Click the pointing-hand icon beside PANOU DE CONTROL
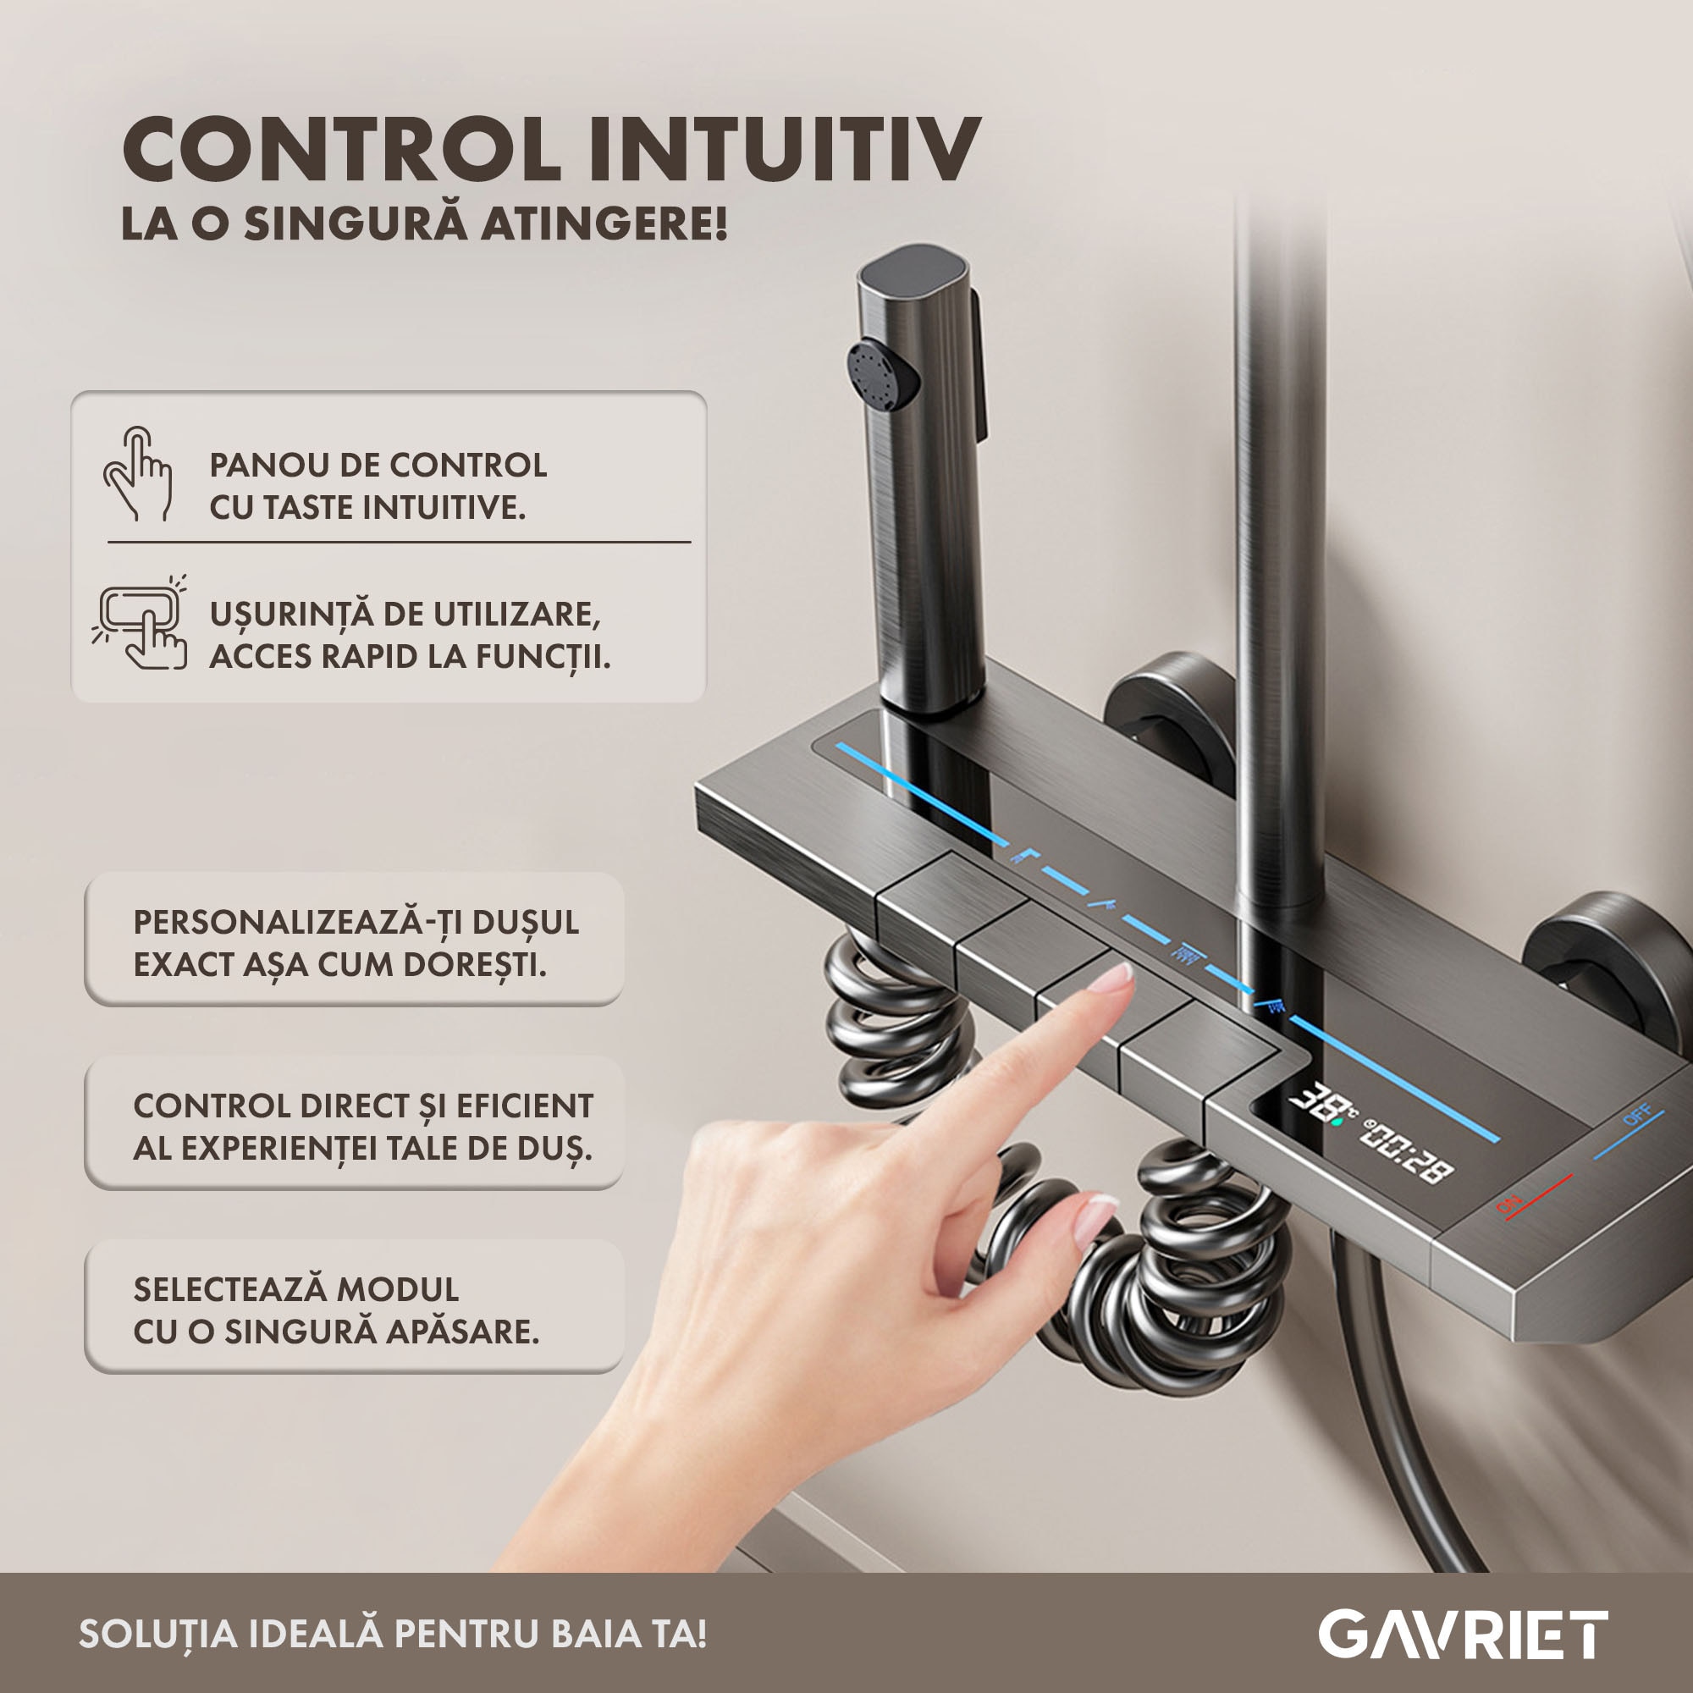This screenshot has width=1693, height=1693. point(139,473)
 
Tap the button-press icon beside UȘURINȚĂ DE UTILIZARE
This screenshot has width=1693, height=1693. point(140,624)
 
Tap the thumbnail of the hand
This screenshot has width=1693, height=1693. point(1095,1220)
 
